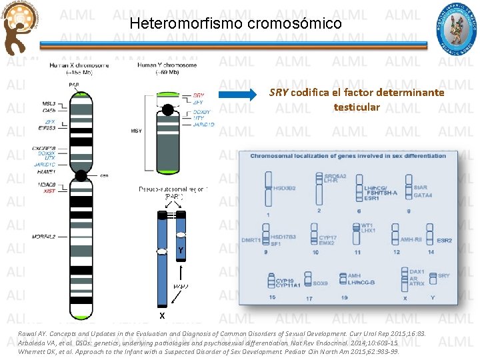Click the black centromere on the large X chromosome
point(81,176)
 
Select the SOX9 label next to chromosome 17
point(320,283)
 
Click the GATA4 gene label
point(423,195)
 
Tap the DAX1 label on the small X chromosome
point(417,272)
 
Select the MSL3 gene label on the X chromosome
point(49,104)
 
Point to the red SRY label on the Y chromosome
point(199,95)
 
